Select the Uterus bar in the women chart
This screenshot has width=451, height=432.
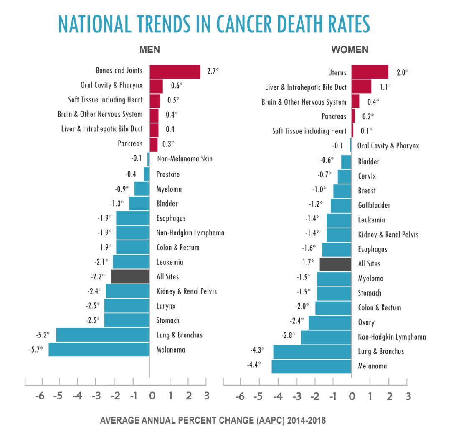click(370, 72)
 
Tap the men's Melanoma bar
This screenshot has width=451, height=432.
click(99, 349)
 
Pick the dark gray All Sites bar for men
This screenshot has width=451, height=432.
click(130, 276)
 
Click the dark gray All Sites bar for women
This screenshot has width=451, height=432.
click(335, 264)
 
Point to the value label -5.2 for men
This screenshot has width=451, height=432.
click(42, 335)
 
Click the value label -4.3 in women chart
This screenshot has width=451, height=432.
click(256, 351)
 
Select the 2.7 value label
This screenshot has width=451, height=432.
click(212, 70)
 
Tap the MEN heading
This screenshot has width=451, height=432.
click(149, 50)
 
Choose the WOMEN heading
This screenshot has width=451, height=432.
click(350, 50)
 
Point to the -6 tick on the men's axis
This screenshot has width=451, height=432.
click(40, 396)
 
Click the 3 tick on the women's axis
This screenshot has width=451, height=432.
click(408, 396)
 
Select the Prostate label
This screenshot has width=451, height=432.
click(168, 174)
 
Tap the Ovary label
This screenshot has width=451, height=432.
click(366, 322)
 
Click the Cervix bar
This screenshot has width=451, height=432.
click(344, 176)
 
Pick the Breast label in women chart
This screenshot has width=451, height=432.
click(367, 190)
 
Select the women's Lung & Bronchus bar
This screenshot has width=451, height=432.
click(312, 352)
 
